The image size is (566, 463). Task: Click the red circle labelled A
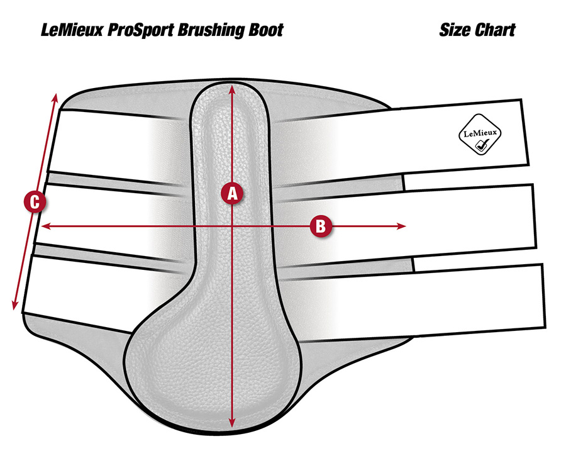[232, 193]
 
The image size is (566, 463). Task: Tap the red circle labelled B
[321, 226]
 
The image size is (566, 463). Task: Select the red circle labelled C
[35, 201]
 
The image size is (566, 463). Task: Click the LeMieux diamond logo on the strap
[480, 135]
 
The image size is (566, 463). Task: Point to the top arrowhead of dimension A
[232, 89]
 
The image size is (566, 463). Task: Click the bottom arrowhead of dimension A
[232, 423]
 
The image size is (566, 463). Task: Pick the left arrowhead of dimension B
[46, 226]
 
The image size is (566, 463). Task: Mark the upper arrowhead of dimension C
[55, 99]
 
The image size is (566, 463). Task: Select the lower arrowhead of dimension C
[15, 304]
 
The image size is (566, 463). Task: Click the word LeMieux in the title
[72, 30]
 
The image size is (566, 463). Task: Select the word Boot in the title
[265, 30]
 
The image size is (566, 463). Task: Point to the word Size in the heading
[455, 30]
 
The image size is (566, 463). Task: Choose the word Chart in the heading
[495, 30]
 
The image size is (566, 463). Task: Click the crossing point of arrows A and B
[232, 226]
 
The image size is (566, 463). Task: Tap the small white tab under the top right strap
[465, 179]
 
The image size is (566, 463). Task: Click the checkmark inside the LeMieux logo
[481, 145]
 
